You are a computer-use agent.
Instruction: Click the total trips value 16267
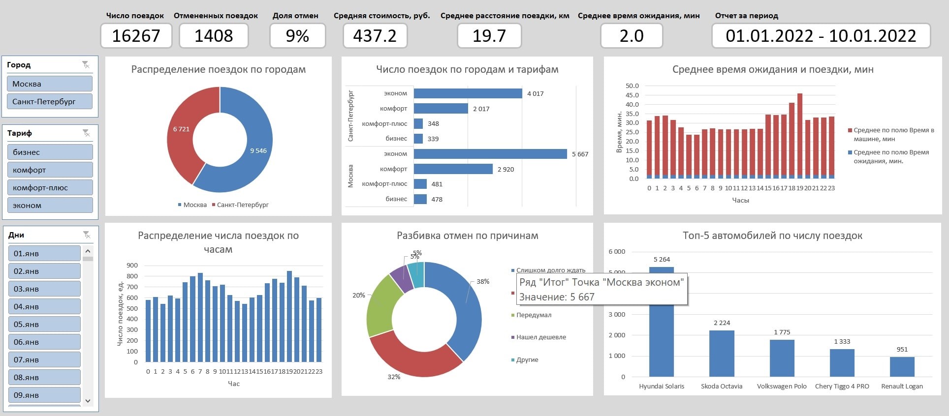coord(136,36)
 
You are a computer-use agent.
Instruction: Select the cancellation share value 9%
coord(297,36)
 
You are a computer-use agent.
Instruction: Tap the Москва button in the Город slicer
coord(49,84)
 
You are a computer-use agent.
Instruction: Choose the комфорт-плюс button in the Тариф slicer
coord(50,187)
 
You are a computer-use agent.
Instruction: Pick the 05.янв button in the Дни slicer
coord(44,324)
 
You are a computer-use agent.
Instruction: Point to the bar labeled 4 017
coord(468,93)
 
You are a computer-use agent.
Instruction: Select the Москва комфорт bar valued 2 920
coord(453,169)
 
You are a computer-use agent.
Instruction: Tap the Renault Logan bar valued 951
coord(902,367)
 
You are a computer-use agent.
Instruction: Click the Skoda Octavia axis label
coord(722,386)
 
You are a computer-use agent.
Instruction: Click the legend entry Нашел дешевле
coord(540,337)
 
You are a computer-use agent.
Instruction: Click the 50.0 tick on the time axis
coord(632,86)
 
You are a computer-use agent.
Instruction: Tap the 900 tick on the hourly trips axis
coord(132,265)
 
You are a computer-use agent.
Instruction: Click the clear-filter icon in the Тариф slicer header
coord(86,133)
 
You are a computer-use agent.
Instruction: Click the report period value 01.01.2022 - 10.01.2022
coord(821,36)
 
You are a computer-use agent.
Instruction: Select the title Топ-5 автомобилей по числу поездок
coord(772,236)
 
